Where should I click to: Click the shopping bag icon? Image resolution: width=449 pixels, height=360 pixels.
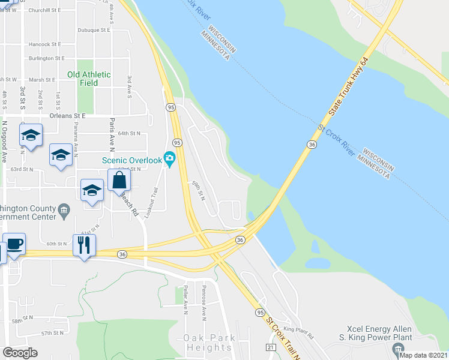coord(119,179)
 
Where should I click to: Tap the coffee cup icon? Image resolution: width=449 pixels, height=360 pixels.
coord(14,244)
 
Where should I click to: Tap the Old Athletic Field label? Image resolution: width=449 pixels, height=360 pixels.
coord(89,79)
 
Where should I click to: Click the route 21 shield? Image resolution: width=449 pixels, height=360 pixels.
coord(270,347)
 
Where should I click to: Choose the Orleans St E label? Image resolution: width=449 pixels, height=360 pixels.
coord(68,115)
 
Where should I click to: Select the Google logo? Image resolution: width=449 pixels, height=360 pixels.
coord(20,352)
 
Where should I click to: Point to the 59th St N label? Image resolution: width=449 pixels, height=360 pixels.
coord(199,191)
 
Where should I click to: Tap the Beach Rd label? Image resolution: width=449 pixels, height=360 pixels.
coord(130,203)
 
